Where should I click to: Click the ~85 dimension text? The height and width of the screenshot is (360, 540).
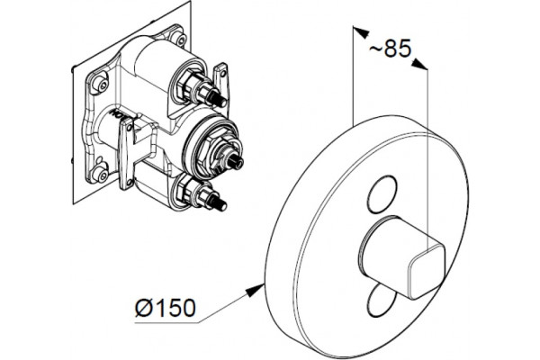tap(391, 48)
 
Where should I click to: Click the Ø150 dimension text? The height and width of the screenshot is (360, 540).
tap(166, 308)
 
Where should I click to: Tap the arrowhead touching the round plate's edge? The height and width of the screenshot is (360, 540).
tap(255, 291)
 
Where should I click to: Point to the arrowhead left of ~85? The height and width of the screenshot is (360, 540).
tap(361, 32)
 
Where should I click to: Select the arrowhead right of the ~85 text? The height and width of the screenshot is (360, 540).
tap(419, 64)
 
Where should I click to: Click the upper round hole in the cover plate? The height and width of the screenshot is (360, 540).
tap(382, 194)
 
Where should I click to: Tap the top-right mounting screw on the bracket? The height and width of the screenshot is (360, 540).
tap(180, 39)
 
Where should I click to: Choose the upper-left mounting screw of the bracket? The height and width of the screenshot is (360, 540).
tap(101, 84)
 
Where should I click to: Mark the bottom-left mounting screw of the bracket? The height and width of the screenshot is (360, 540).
tap(102, 174)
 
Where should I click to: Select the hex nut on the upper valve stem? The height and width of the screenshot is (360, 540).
tap(188, 85)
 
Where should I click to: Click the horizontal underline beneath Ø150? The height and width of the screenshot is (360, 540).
tap(166, 323)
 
